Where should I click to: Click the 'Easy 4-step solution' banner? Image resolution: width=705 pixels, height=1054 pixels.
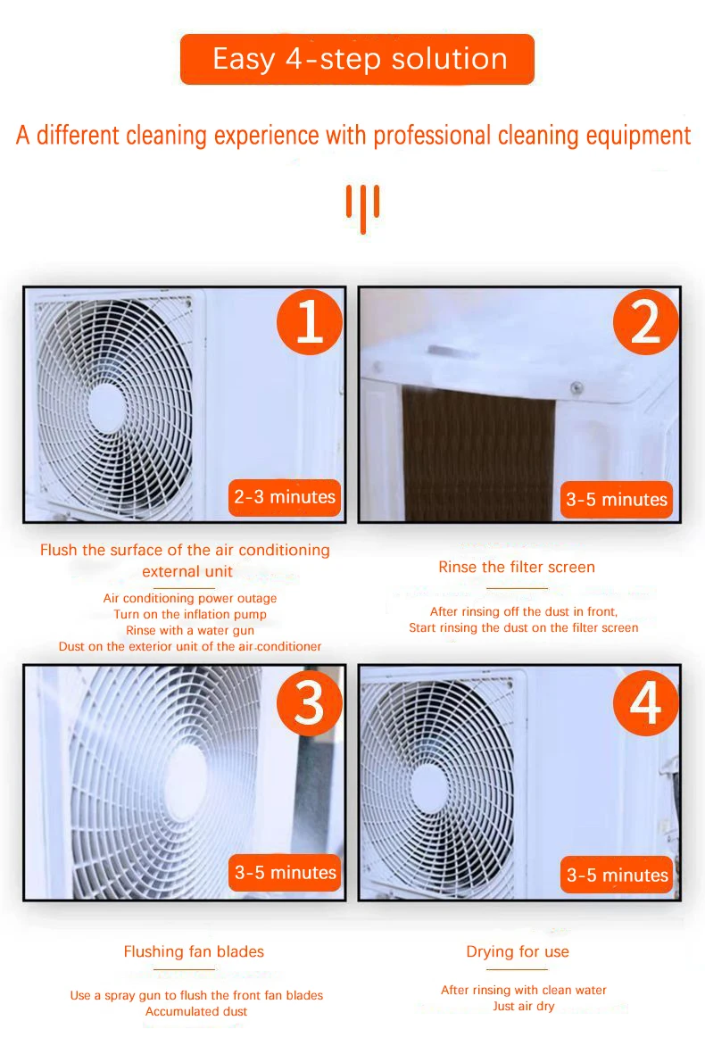[x=357, y=59]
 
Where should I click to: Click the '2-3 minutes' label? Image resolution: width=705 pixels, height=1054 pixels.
[x=285, y=497]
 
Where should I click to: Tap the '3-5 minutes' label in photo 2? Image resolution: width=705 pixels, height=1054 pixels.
[x=617, y=499]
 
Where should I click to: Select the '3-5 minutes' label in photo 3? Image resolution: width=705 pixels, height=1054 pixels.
[x=286, y=872]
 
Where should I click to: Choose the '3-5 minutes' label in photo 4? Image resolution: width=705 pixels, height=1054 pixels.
[x=618, y=875]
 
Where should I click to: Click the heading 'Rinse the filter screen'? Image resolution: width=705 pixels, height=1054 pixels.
[x=517, y=567]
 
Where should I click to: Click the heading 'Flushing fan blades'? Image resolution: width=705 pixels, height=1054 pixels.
[x=194, y=951]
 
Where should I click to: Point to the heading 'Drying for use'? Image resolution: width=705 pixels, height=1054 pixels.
[x=518, y=951]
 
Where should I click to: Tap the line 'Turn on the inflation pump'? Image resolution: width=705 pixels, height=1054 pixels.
[x=190, y=614]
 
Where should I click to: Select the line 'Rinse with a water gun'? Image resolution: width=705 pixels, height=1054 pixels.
[x=190, y=630]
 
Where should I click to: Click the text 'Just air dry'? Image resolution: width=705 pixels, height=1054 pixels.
[x=524, y=1006]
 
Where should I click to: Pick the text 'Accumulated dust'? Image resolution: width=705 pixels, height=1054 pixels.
[x=196, y=1011]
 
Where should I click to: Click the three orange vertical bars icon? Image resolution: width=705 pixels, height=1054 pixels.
[x=363, y=207]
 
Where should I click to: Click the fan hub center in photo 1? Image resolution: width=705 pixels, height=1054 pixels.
[x=108, y=404]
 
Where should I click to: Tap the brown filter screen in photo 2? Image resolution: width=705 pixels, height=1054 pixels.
[x=477, y=455]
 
